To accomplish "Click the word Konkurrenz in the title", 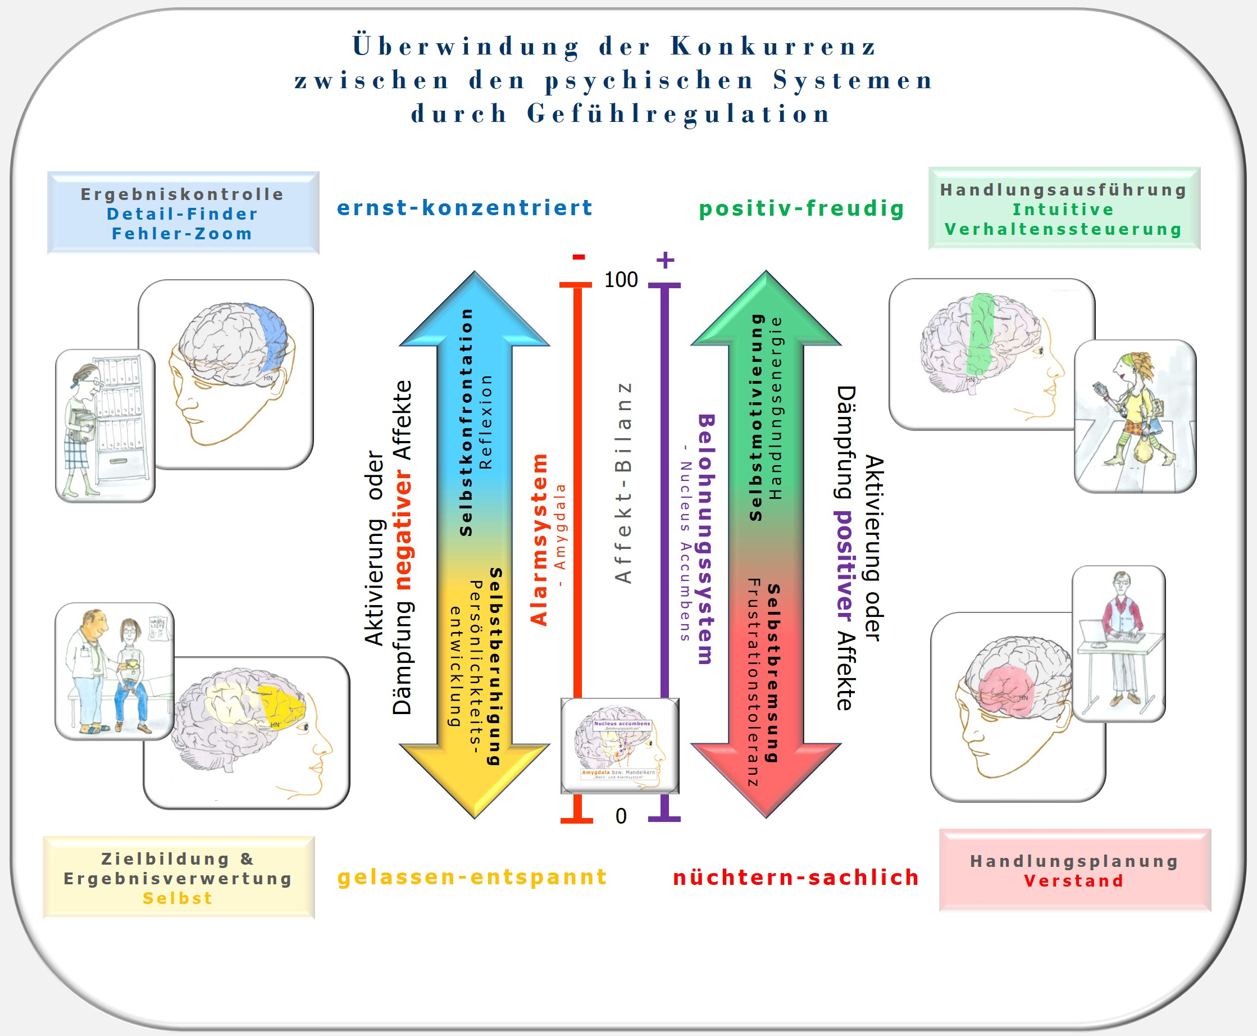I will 773,47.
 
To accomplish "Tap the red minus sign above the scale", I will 578,257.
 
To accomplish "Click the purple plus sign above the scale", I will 664,260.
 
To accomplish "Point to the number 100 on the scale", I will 621,280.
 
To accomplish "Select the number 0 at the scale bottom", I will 621,816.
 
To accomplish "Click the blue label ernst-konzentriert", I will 464,208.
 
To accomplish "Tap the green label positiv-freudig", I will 801,208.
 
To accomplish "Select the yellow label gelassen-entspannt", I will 472,876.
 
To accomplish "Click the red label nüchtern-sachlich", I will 796,877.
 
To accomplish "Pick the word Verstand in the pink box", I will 1074,881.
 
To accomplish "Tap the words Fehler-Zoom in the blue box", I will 182,233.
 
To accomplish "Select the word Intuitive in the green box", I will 1063,210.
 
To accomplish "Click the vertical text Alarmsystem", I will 539,540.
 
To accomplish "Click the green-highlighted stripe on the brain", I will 980,334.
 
